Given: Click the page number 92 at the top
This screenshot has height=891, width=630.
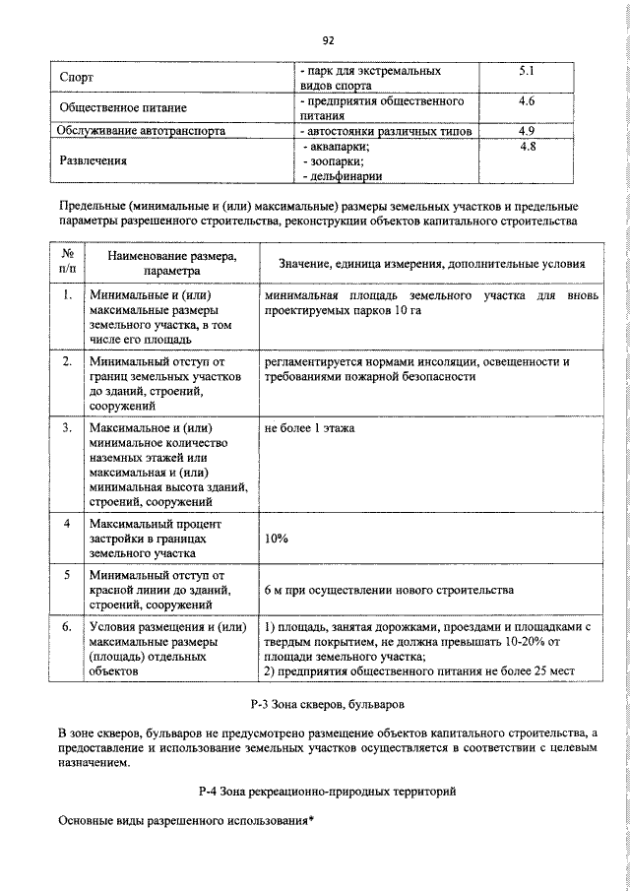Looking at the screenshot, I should click(329, 40).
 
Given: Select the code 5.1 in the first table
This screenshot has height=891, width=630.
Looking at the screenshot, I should click(526, 72).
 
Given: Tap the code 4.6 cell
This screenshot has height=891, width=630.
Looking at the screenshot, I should click(526, 101).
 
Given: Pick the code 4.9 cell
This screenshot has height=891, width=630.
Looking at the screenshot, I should click(526, 130).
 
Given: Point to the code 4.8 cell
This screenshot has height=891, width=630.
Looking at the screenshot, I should click(526, 146).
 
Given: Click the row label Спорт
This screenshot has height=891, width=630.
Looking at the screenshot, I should click(76, 79).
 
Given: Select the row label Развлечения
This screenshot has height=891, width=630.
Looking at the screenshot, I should click(98, 159).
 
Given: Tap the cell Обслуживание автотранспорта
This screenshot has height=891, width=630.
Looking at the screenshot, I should click(141, 130).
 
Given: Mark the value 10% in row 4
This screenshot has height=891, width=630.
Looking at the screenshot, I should click(277, 540).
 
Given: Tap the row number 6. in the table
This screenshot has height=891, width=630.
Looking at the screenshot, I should click(66, 626).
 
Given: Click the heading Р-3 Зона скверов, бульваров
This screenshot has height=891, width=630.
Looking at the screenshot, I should click(328, 706).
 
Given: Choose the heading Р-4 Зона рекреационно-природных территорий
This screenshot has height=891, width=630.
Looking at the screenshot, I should click(328, 791).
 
